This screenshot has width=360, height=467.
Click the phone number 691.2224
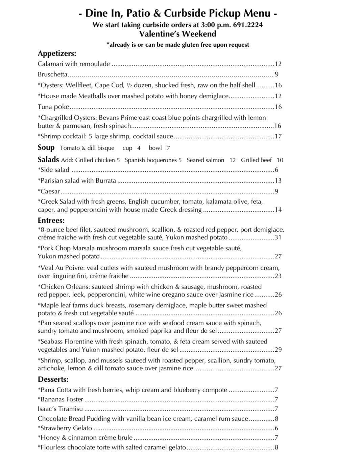pos(248,25)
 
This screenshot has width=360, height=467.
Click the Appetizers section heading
pos(57,53)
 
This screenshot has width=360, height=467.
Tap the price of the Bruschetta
pos(277,74)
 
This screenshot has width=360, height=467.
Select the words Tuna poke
pos(53,107)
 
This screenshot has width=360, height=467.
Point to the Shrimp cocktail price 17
pos(278,136)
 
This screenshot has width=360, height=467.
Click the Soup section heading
pos(46,147)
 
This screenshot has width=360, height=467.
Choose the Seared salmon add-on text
pos(205,160)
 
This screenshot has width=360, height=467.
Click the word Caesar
pos(50,191)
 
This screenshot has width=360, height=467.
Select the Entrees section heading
pos(51,220)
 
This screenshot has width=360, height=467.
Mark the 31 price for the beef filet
pos(278,237)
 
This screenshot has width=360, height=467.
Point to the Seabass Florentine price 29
pos(278,350)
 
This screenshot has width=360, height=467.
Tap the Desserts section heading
pos(53,379)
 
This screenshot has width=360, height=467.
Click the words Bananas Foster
pos(62,399)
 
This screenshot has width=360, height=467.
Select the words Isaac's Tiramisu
pos(60,409)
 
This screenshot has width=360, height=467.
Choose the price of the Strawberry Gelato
pos(277,428)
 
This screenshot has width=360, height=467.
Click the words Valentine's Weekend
pos(177,34)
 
